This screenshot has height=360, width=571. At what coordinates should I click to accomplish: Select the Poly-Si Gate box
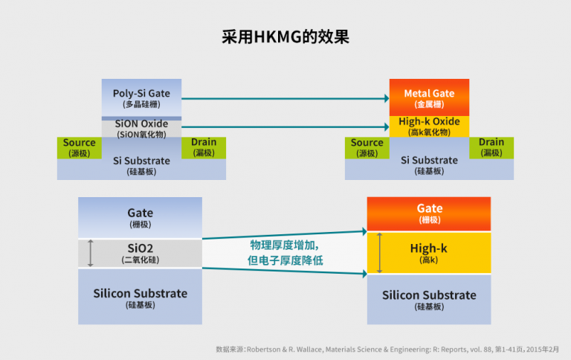pyautogui.click(x=141, y=97)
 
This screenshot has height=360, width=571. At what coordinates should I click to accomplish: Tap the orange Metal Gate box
pyautogui.click(x=429, y=97)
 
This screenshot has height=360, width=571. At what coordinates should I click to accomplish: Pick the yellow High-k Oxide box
pyautogui.click(x=429, y=126)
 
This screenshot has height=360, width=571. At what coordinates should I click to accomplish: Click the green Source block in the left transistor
pyautogui.click(x=79, y=147)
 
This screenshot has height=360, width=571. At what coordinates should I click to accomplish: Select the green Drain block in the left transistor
pyautogui.click(x=204, y=147)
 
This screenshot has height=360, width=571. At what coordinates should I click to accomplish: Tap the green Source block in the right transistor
pyautogui.click(x=367, y=147)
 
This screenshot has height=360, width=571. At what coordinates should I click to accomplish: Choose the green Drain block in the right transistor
pyautogui.click(x=491, y=147)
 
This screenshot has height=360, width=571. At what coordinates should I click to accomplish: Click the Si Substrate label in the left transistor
pyautogui.click(x=141, y=161)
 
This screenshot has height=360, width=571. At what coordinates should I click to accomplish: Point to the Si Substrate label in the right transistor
pyautogui.click(x=429, y=161)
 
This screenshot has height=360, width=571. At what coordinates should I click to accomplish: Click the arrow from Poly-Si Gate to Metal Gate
pyautogui.click(x=285, y=98)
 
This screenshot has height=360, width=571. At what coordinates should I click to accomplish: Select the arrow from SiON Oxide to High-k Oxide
pyautogui.click(x=285, y=127)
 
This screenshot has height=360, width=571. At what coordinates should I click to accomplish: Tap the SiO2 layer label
pyautogui.click(x=141, y=248)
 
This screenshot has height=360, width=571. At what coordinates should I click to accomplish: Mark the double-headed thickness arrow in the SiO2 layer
pyautogui.click(x=91, y=254)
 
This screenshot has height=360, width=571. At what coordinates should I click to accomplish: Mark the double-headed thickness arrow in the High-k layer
pyautogui.click(x=379, y=253)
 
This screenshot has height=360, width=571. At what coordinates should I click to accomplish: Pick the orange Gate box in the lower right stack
pyautogui.click(x=429, y=213)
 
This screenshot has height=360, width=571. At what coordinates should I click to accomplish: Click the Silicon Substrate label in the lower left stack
pyautogui.click(x=141, y=293)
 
